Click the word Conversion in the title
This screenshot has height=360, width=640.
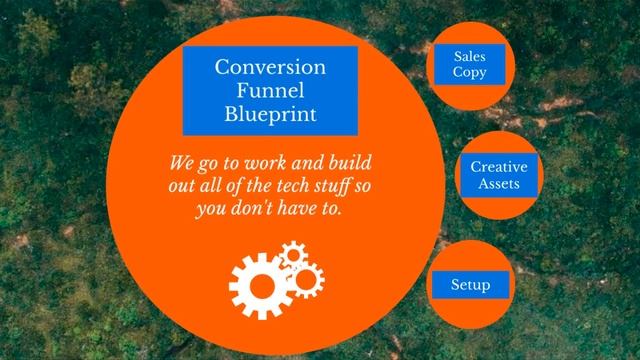270,68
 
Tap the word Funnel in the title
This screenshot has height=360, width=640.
270,91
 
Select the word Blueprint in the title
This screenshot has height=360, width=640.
270,114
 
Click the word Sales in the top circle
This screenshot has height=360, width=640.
470,56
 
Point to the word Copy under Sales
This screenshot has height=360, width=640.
470,72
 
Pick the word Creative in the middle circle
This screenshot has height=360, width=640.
498,167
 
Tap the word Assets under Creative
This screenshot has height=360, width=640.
498,184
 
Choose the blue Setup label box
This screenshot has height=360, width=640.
470,286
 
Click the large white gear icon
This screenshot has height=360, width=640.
260,282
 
